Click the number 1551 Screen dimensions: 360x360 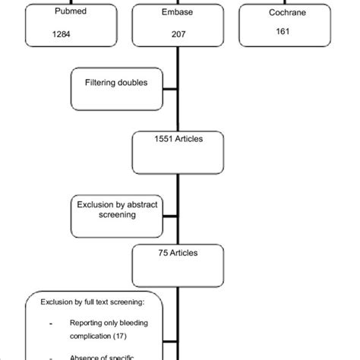tap(163, 138)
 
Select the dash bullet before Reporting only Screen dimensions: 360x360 tap(49, 324)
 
